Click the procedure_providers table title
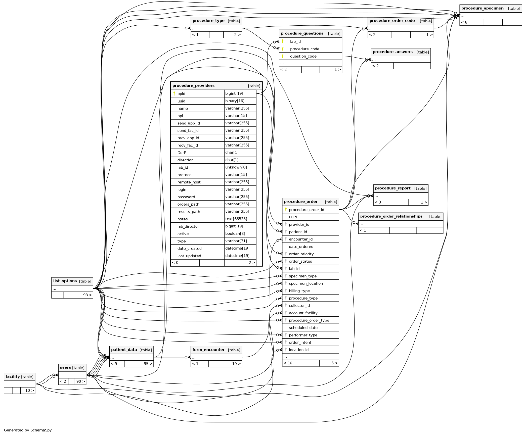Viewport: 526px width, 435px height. (x=193, y=86)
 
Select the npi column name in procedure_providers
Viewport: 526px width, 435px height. (x=180, y=116)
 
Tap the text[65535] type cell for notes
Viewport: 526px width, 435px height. (x=236, y=219)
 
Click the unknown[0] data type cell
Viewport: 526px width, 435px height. (x=236, y=167)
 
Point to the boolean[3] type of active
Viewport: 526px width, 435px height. (x=235, y=234)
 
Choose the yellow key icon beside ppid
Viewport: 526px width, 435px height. (x=174, y=93)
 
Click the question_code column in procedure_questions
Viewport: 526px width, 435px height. (x=303, y=56)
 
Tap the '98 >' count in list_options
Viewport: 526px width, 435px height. (x=87, y=295)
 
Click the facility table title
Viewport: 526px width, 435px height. (x=13, y=376)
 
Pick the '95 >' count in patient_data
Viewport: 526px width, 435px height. (x=148, y=364)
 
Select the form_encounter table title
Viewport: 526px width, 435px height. (x=208, y=350)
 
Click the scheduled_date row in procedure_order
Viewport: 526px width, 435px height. (x=303, y=328)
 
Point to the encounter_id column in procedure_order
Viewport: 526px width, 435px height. (x=300, y=239)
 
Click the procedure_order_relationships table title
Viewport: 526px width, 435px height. (x=391, y=216)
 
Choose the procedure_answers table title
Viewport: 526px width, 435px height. (x=392, y=52)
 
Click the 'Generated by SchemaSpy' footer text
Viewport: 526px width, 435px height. (x=28, y=430)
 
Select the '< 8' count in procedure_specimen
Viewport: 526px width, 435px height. (x=464, y=22)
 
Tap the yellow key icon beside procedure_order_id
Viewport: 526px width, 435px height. (x=286, y=210)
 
